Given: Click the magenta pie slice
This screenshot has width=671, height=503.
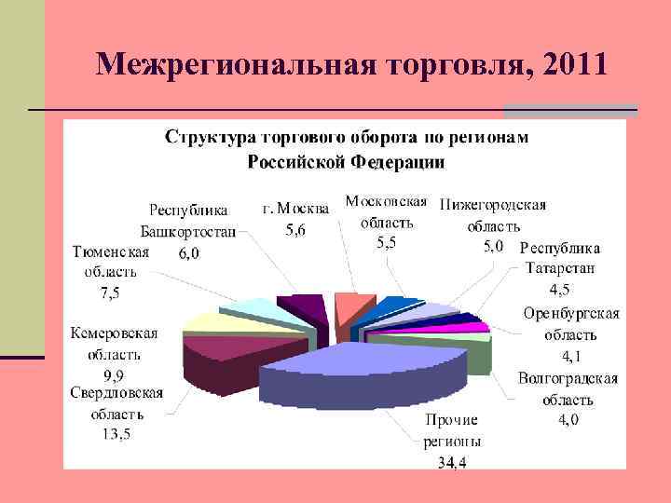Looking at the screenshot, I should point(472,327).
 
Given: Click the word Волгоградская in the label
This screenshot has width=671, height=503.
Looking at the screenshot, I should point(568,379).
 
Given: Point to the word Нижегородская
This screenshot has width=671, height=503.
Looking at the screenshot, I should point(493,205).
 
